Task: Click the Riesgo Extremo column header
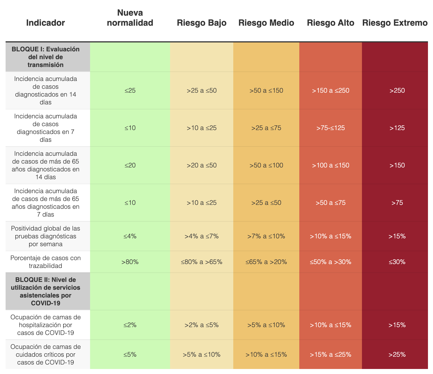click(x=395, y=23)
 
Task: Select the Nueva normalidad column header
click(x=130, y=18)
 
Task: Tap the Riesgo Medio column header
click(x=266, y=23)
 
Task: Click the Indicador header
click(x=46, y=23)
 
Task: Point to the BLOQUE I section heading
click(x=46, y=57)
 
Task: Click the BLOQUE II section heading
click(x=46, y=291)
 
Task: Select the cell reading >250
click(x=397, y=90)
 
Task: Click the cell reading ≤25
click(x=130, y=90)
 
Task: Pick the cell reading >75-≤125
click(x=331, y=128)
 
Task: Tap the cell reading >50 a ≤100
click(x=266, y=165)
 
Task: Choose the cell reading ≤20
click(x=130, y=165)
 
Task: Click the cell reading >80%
click(x=130, y=262)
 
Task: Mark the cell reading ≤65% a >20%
click(x=266, y=262)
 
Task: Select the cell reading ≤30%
click(x=397, y=262)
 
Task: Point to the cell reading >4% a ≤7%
click(x=202, y=236)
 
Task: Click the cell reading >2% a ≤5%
click(x=202, y=325)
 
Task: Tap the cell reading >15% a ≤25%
click(x=331, y=355)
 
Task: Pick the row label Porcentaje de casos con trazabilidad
click(x=46, y=262)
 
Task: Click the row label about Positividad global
click(x=46, y=236)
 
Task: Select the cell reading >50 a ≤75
click(x=331, y=203)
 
